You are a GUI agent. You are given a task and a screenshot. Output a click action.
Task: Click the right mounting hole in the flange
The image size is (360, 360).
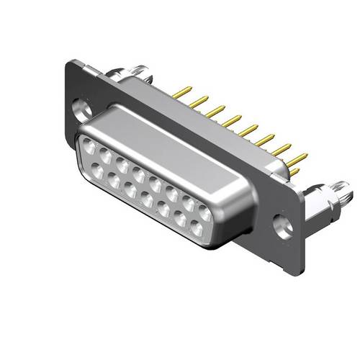285,225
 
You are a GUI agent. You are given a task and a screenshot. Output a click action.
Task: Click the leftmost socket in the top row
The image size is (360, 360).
90,147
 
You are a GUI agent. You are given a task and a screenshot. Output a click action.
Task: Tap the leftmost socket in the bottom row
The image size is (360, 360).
97,171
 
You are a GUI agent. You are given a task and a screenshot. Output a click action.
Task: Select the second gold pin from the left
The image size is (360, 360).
197,101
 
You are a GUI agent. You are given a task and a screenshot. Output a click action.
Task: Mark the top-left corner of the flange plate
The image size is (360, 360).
71,63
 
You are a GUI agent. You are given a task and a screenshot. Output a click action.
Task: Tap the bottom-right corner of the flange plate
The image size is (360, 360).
292,252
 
